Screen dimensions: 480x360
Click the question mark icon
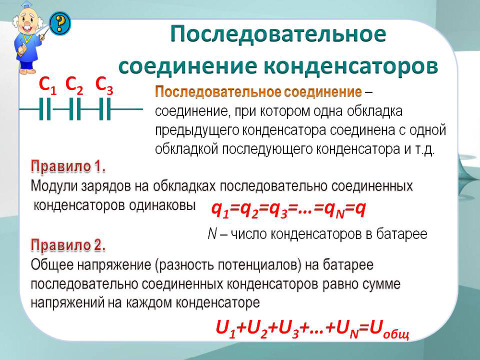(60, 23)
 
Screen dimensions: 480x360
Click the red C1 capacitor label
(48, 85)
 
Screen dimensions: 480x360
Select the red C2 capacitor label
(74, 85)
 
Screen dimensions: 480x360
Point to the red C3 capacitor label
(104, 85)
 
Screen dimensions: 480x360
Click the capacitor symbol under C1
(45, 109)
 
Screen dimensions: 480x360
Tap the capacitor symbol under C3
(105, 109)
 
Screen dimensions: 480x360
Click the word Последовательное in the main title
(278, 34)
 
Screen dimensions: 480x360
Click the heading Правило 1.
(68, 167)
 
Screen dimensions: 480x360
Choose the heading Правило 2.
(68, 246)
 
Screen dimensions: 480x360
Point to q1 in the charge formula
(220, 210)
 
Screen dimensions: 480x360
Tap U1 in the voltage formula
(226, 328)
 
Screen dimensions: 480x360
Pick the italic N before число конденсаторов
(212, 234)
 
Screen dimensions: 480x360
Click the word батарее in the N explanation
(402, 234)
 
